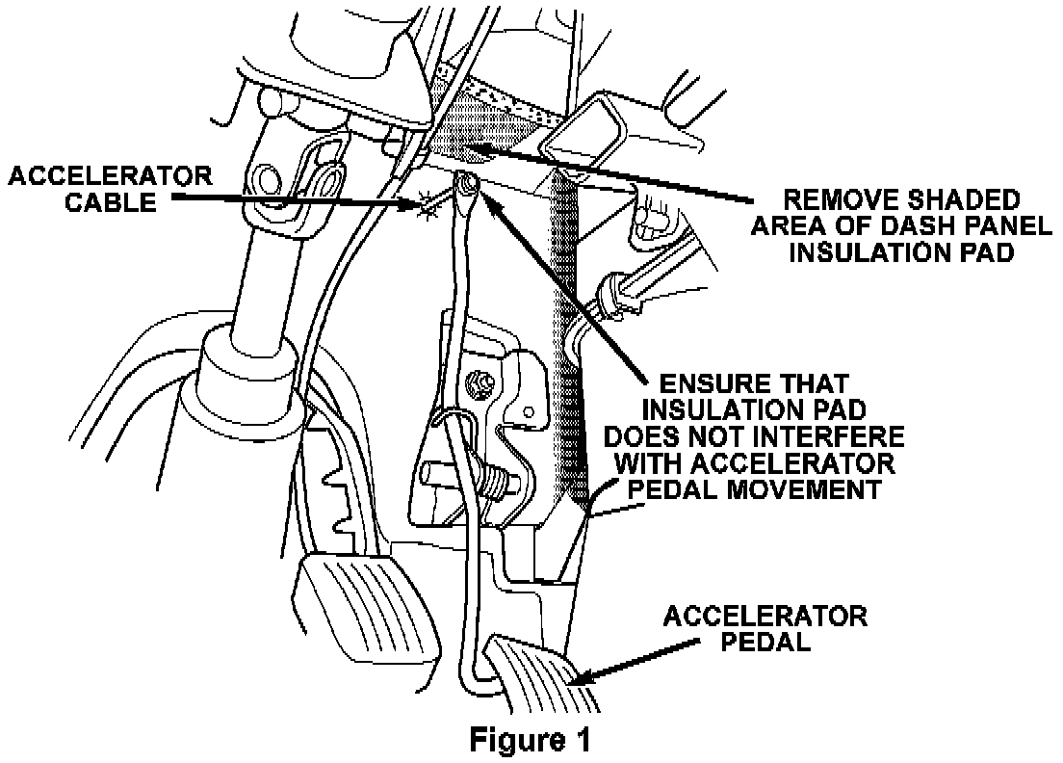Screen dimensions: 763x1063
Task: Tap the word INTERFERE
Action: [x=824, y=438]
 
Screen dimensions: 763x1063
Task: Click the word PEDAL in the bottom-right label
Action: [x=765, y=641]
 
